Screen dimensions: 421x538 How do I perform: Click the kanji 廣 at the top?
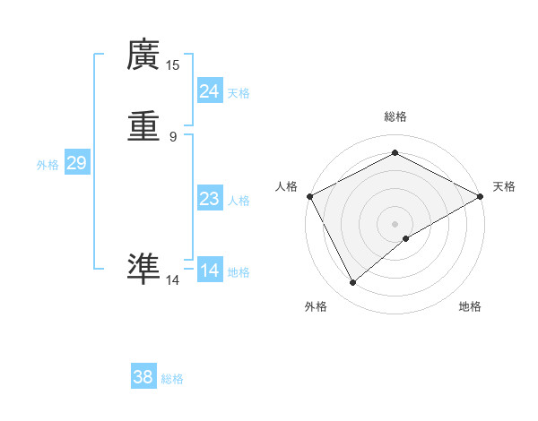(x=143, y=56)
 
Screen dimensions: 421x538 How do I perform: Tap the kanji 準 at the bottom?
(x=143, y=268)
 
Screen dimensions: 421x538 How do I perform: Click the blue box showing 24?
(x=209, y=91)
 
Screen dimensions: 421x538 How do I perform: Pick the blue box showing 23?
(x=209, y=199)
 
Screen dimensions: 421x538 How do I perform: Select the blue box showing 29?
(x=76, y=163)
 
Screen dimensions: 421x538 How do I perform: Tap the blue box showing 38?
(x=143, y=377)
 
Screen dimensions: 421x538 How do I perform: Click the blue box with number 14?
(x=209, y=271)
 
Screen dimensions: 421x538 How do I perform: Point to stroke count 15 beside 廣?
(x=173, y=65)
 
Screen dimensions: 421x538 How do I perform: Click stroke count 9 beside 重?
(x=173, y=137)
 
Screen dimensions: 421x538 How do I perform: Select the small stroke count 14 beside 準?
(x=173, y=280)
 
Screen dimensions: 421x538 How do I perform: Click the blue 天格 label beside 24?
(x=239, y=93)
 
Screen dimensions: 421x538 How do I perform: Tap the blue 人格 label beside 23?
(x=239, y=201)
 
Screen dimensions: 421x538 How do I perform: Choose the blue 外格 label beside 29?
(x=48, y=165)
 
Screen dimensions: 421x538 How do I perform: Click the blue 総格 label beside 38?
(x=172, y=379)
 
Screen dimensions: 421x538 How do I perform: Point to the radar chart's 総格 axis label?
(x=395, y=117)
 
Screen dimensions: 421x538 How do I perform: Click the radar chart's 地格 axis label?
(x=470, y=307)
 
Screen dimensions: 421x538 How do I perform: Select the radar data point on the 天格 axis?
(x=481, y=196)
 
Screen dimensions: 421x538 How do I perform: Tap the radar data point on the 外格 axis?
(x=353, y=283)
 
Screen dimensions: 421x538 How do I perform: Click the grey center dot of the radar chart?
(x=395, y=224)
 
